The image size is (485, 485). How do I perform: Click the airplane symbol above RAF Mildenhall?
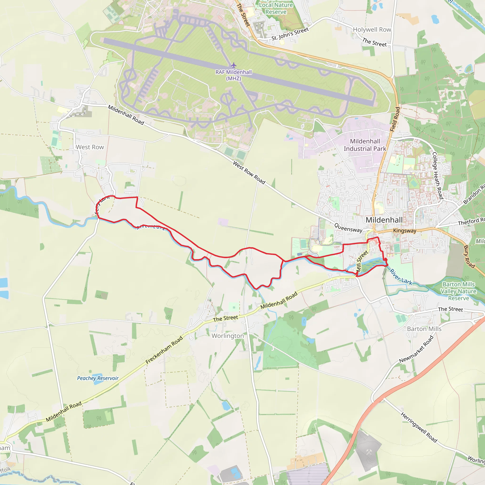coord(234,65)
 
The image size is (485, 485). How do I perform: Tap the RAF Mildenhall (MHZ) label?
coord(234,75)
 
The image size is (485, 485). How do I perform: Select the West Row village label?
coord(90,147)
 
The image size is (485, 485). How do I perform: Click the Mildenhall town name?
coord(384,220)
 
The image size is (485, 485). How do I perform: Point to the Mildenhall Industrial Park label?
coord(365,145)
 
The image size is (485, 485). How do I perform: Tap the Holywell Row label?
coord(372,30)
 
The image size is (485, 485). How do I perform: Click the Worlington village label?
coord(228,336)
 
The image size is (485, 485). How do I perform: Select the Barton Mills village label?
coord(424,329)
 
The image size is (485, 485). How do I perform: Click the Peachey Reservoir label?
coord(98,378)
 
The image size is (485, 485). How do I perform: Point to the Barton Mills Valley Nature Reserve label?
coord(458,291)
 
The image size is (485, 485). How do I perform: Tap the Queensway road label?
coord(348,228)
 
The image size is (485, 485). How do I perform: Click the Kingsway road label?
coord(405,231)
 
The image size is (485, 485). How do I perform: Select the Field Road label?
coord(395,119)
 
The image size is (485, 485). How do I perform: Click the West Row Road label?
coord(249,173)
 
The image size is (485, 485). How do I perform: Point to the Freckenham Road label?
coord(164,350)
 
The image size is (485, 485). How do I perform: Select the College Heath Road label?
coord(437,175)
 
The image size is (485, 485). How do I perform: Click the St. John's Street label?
coord(290,34)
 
